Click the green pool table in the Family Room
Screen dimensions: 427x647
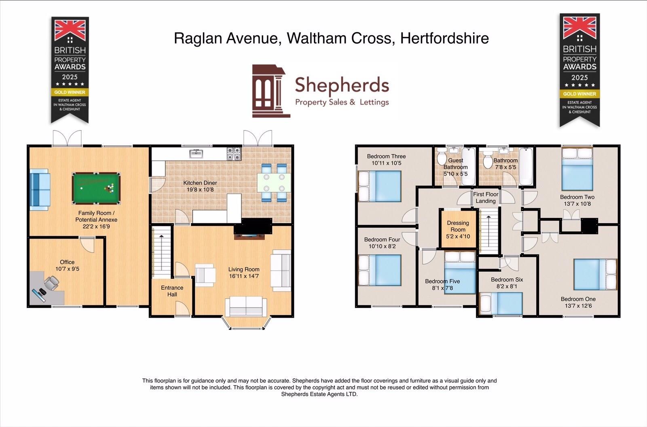96,188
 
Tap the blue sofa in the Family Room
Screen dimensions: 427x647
40,189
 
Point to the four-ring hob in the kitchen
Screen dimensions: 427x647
234,153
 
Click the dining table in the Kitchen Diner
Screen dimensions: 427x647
274,183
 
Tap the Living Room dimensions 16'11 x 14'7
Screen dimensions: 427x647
243,276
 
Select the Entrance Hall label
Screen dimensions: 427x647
172,291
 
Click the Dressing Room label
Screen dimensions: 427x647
458,226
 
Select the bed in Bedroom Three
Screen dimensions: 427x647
380,186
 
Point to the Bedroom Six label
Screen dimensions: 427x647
507,280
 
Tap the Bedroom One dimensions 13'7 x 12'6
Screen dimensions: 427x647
578,306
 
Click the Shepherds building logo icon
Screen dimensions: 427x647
270,91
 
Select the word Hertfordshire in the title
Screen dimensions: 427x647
444,38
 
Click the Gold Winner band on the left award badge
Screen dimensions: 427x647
70,92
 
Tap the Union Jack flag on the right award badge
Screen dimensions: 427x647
579,27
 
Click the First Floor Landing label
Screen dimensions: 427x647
486,197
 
